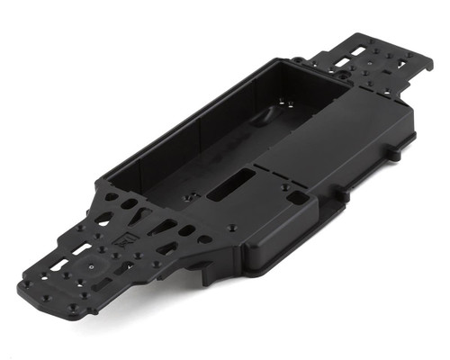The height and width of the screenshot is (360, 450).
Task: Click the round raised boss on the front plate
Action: point(92,267)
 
